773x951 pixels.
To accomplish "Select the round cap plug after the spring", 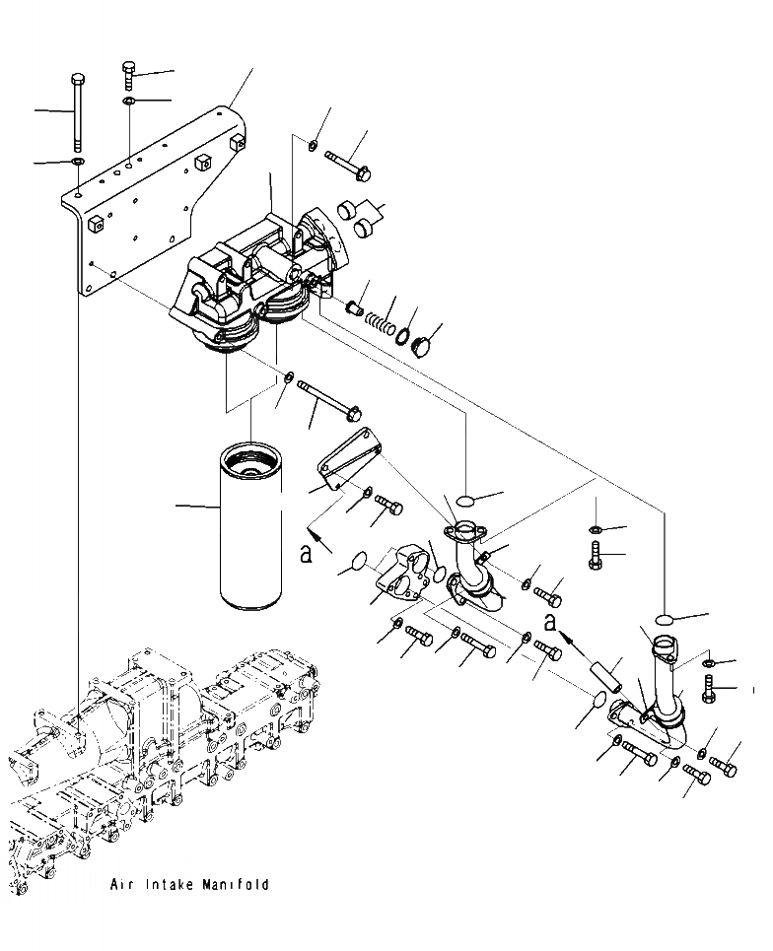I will click(421, 348).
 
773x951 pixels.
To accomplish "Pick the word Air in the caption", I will click(123, 885).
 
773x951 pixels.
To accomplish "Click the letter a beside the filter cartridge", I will click(307, 554).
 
